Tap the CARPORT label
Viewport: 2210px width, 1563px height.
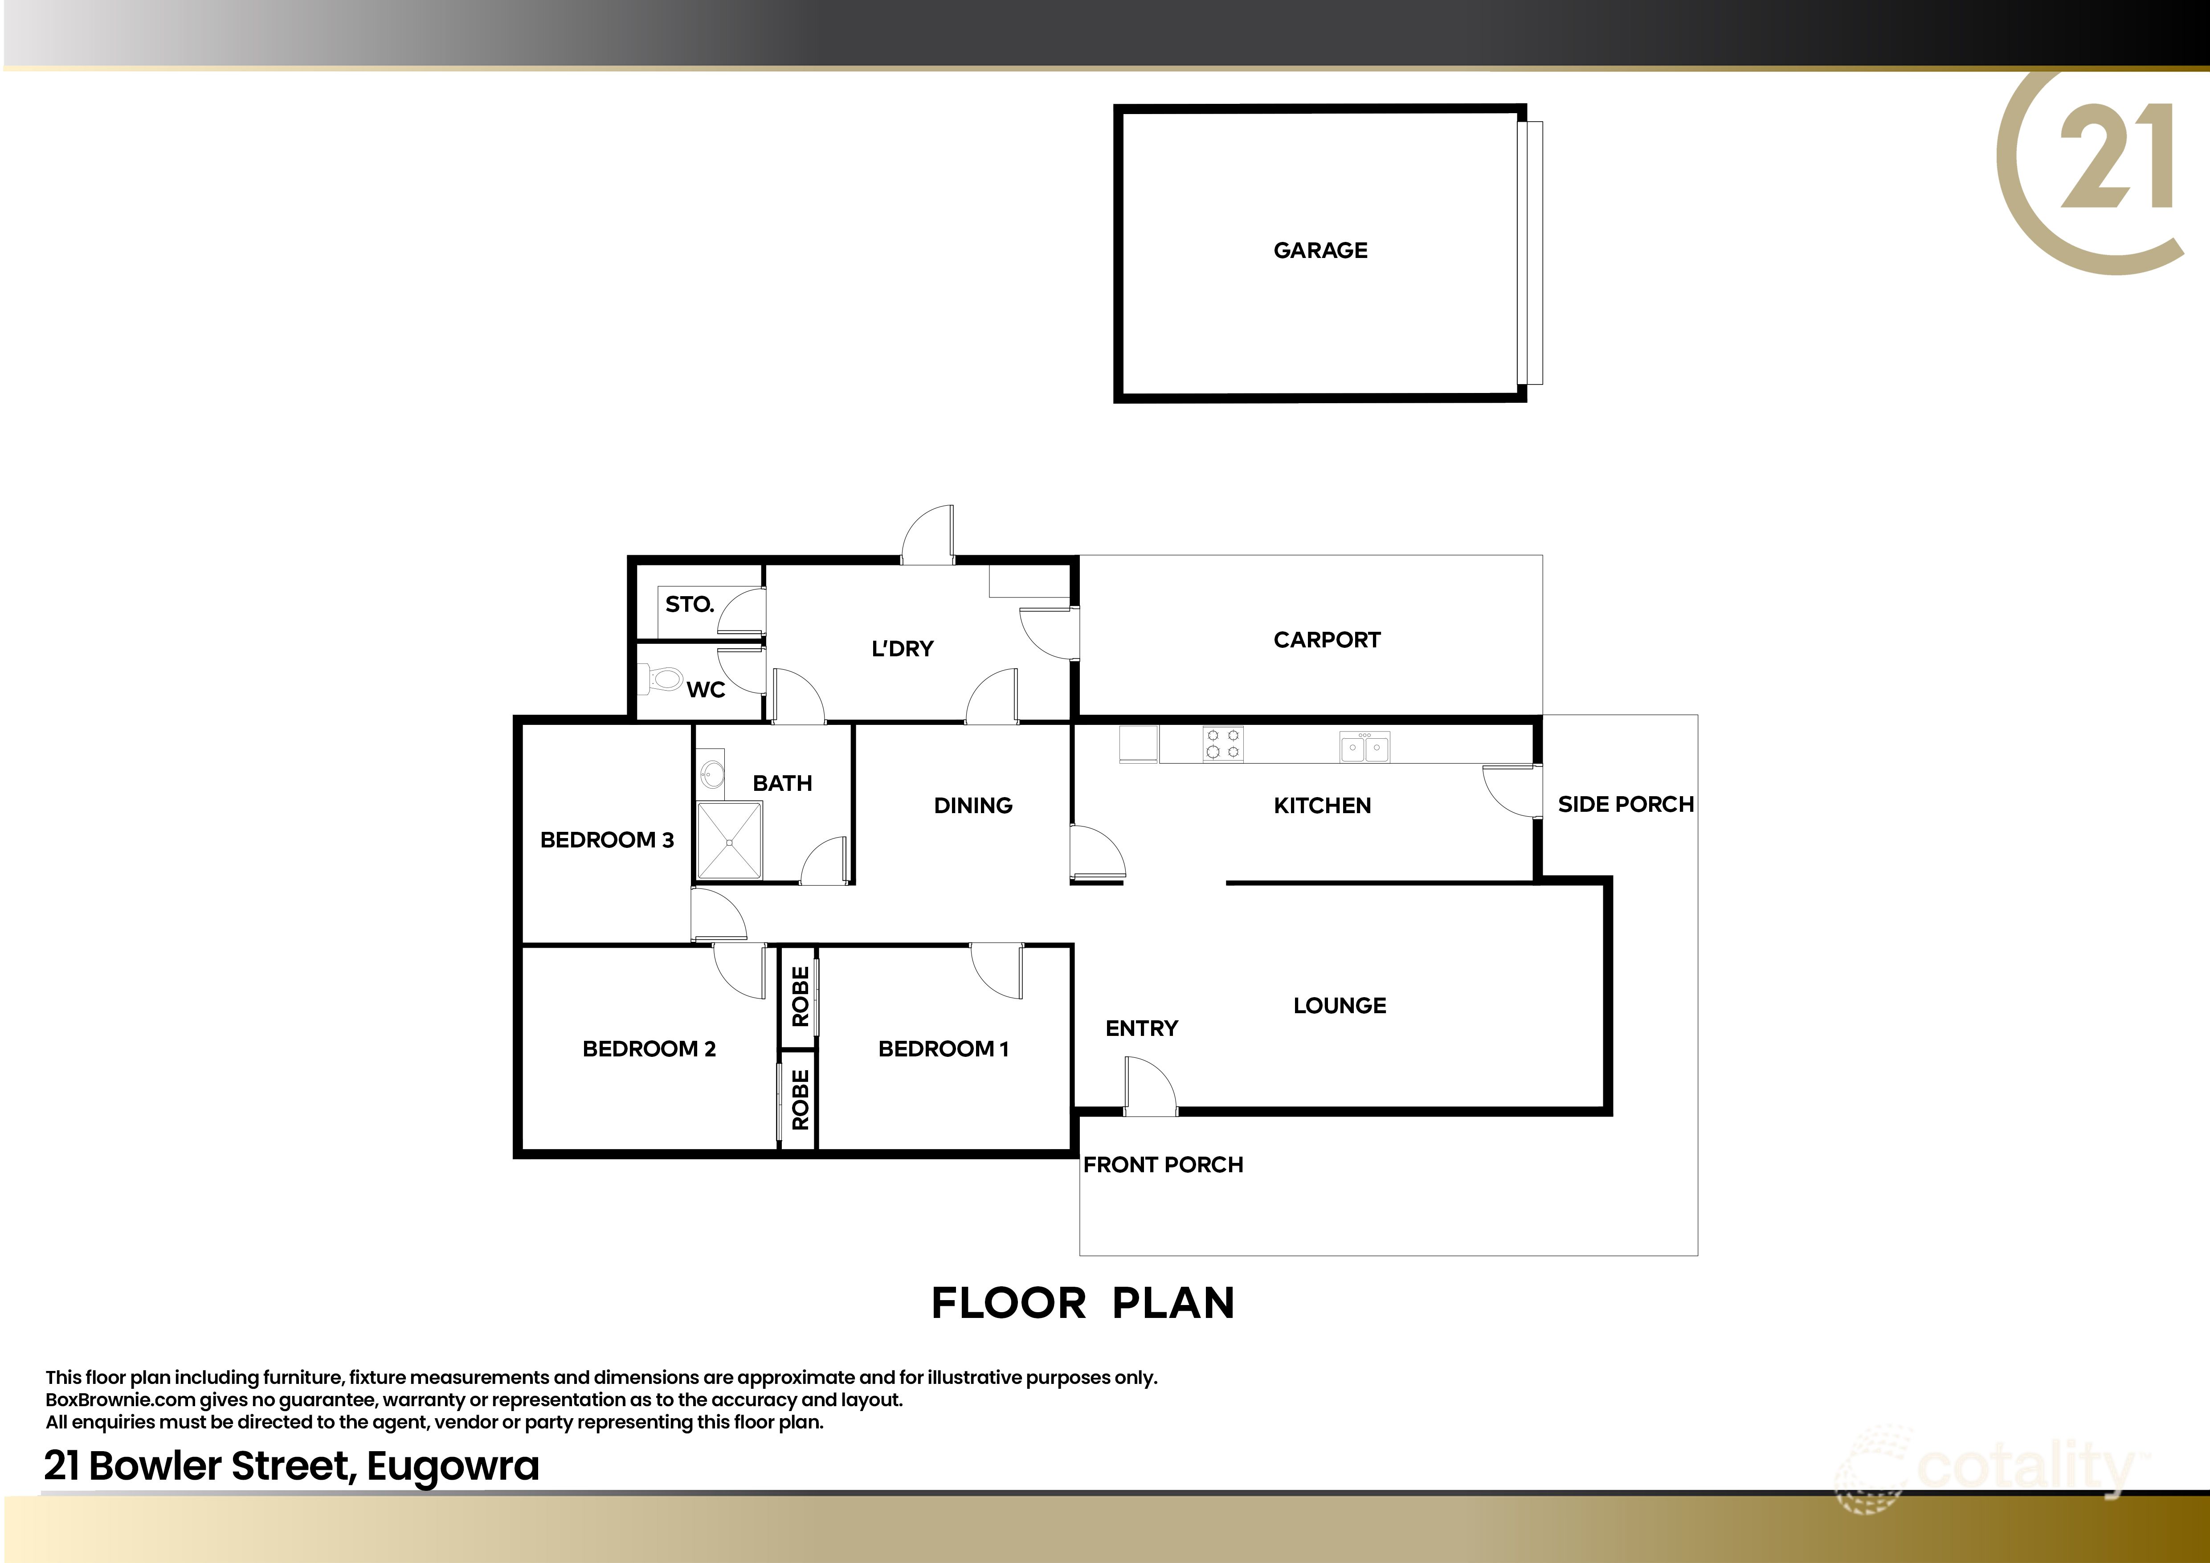(1326, 640)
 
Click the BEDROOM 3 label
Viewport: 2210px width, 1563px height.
(606, 840)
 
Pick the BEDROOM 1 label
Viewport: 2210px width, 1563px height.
(944, 1049)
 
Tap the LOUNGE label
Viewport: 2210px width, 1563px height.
(1339, 1006)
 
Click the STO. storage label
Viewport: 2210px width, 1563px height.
(689, 605)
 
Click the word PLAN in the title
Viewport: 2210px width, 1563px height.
(1173, 1303)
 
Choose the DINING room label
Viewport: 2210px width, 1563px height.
(973, 806)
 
